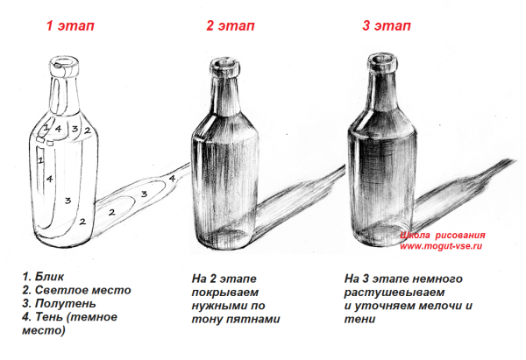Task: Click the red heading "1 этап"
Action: pos(70,25)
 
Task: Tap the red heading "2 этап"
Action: pos(230,25)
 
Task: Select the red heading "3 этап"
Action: pos(387,25)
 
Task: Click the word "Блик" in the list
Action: pos(49,277)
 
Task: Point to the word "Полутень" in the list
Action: pos(66,304)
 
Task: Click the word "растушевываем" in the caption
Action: pos(394,293)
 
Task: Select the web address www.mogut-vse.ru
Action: pos(441,246)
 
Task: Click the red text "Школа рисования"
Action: pos(443,236)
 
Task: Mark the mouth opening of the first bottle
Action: pos(64,62)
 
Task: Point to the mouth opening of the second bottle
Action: pos(224,63)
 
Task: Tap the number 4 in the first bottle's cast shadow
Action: pos(172,179)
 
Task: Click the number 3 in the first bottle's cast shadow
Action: pos(144,194)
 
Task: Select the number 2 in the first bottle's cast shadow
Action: pos(111,212)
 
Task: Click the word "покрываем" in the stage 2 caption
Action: pos(225,293)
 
